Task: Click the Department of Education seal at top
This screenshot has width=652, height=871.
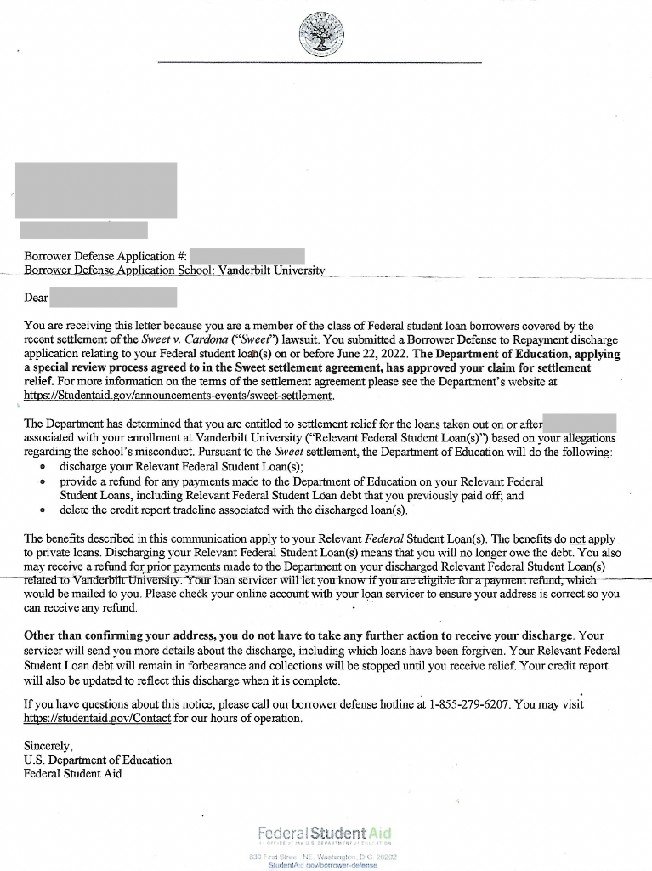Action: click(320, 34)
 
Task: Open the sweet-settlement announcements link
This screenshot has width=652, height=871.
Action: click(179, 395)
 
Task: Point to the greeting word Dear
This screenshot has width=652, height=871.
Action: click(37, 298)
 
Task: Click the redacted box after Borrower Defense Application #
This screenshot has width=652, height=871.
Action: click(247, 255)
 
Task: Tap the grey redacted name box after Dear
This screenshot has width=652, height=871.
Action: click(113, 297)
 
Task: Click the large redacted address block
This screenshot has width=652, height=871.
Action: click(99, 190)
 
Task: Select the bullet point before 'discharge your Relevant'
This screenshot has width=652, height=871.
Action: click(42, 468)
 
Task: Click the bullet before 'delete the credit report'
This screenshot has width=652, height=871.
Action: click(42, 511)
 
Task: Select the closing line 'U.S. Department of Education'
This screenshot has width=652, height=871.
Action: click(98, 760)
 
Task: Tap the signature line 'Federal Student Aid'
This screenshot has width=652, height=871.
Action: click(73, 773)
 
